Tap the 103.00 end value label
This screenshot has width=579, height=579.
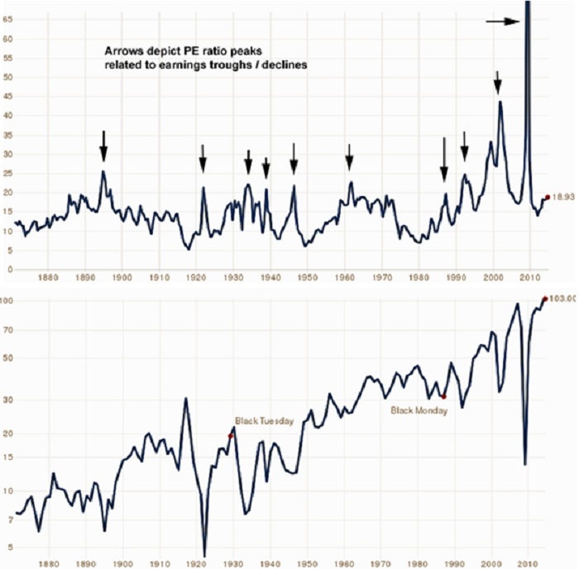point(562,299)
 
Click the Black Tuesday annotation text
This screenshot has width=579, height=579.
point(264,421)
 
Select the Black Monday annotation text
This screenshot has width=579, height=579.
point(419,410)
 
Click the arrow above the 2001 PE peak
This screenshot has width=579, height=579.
point(497,84)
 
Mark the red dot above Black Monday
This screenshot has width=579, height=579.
point(443,397)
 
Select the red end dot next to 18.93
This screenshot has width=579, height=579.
point(547,197)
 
